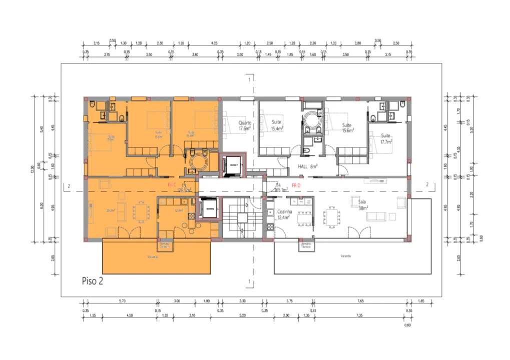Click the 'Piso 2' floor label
pyautogui.click(x=93, y=281)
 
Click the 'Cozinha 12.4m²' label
pyautogui.click(x=284, y=214)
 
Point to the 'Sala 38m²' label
pyautogui.click(x=363, y=204)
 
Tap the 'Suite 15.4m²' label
pyautogui.click(x=277, y=125)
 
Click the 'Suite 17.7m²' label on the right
pyautogui.click(x=385, y=138)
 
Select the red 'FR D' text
pyautogui.click(x=296, y=186)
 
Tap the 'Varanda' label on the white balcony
pyautogui.click(x=345, y=255)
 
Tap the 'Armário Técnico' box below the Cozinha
pyautogui.click(x=306, y=245)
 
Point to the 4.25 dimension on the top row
pyautogui.click(x=214, y=43)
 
